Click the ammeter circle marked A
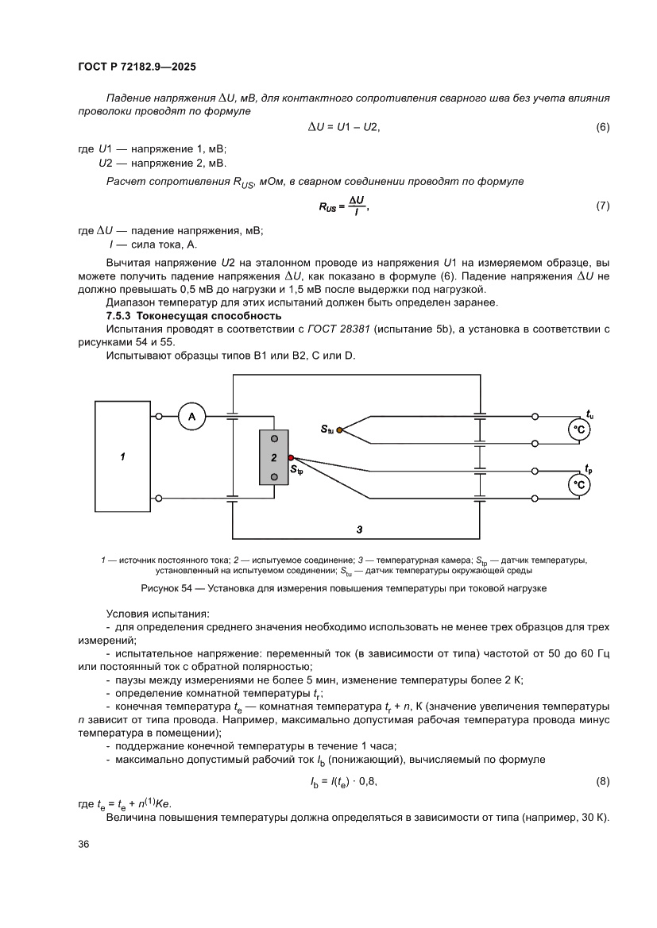191,416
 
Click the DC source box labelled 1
122,456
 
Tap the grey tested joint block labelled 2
273,457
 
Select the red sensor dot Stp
291,458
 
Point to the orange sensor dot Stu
339,429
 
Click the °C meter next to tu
580,429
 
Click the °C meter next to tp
580,483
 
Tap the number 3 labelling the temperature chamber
359,528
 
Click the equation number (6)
602,127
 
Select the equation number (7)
602,206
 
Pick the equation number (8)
602,781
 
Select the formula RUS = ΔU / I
344,206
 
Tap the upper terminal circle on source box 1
160,416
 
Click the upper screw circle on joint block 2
274,439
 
